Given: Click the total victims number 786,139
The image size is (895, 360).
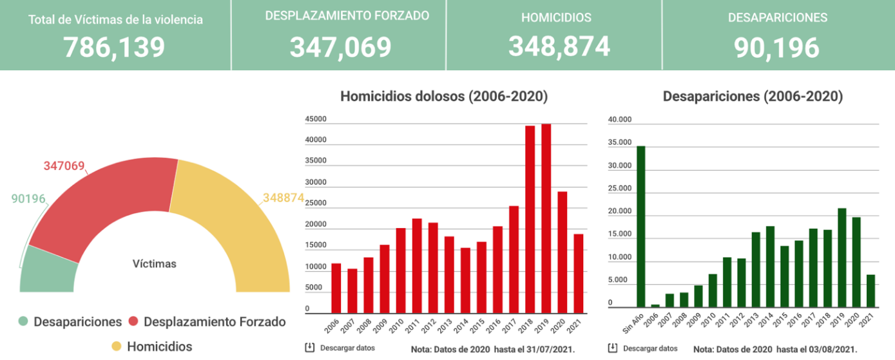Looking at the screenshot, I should (115, 47).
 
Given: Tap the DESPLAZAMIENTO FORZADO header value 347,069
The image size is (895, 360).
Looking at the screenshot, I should (340, 47).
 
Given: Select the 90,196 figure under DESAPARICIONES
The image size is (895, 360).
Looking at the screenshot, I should (776, 47).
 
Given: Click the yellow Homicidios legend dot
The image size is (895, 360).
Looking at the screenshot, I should (116, 346).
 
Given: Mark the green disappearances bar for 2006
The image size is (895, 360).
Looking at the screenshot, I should (655, 306).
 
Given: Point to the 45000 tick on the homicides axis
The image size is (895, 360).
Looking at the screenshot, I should (316, 119).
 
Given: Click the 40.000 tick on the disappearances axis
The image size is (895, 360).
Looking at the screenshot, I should (620, 119).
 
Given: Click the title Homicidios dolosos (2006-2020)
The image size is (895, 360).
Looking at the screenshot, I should (444, 97).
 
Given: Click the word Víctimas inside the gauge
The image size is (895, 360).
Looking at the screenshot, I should (154, 263).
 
